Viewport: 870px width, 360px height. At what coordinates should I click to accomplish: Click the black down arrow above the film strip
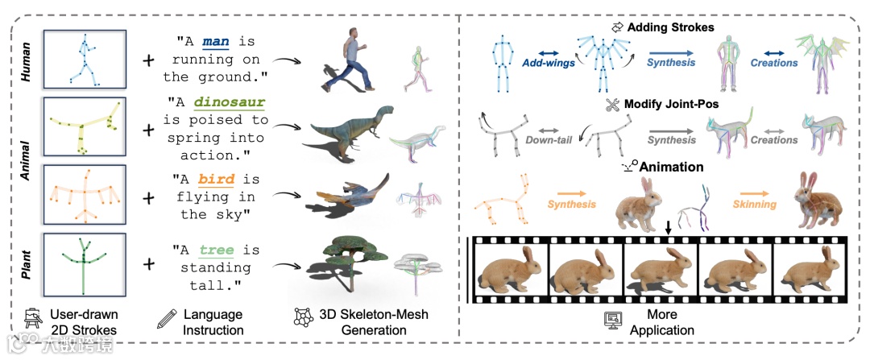coord(668,229)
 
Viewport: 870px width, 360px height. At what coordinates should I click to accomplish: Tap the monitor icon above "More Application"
coord(613,319)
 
